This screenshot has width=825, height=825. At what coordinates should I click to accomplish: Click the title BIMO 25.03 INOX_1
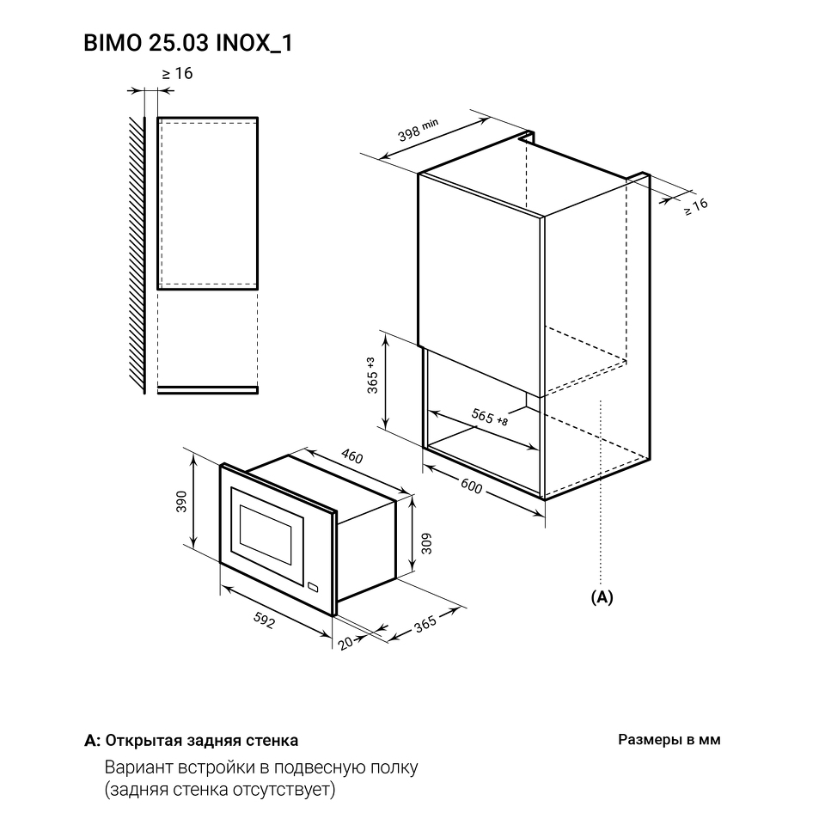click(x=188, y=43)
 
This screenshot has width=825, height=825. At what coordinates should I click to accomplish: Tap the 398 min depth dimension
click(x=418, y=130)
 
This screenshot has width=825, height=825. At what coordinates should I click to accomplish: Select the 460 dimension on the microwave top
click(x=352, y=455)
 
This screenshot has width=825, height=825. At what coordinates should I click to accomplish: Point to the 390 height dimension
click(x=181, y=501)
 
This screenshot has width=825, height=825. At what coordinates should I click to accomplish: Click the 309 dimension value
click(x=426, y=543)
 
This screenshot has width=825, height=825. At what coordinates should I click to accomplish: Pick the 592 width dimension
click(x=264, y=620)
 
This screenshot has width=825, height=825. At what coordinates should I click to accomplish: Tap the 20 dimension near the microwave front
click(x=345, y=643)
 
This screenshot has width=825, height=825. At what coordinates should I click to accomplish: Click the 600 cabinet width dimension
click(x=471, y=486)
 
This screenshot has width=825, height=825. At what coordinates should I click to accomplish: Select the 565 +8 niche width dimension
click(x=490, y=417)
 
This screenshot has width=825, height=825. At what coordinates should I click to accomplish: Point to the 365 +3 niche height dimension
click(x=372, y=376)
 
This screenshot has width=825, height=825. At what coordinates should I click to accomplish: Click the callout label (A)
click(x=602, y=597)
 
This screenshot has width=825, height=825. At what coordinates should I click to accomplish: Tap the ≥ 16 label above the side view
click(x=177, y=74)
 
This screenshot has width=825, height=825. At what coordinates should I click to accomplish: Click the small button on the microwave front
click(x=313, y=586)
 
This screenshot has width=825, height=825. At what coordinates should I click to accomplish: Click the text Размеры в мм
click(x=669, y=740)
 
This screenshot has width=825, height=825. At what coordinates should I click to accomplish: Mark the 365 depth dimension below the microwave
click(x=425, y=623)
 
